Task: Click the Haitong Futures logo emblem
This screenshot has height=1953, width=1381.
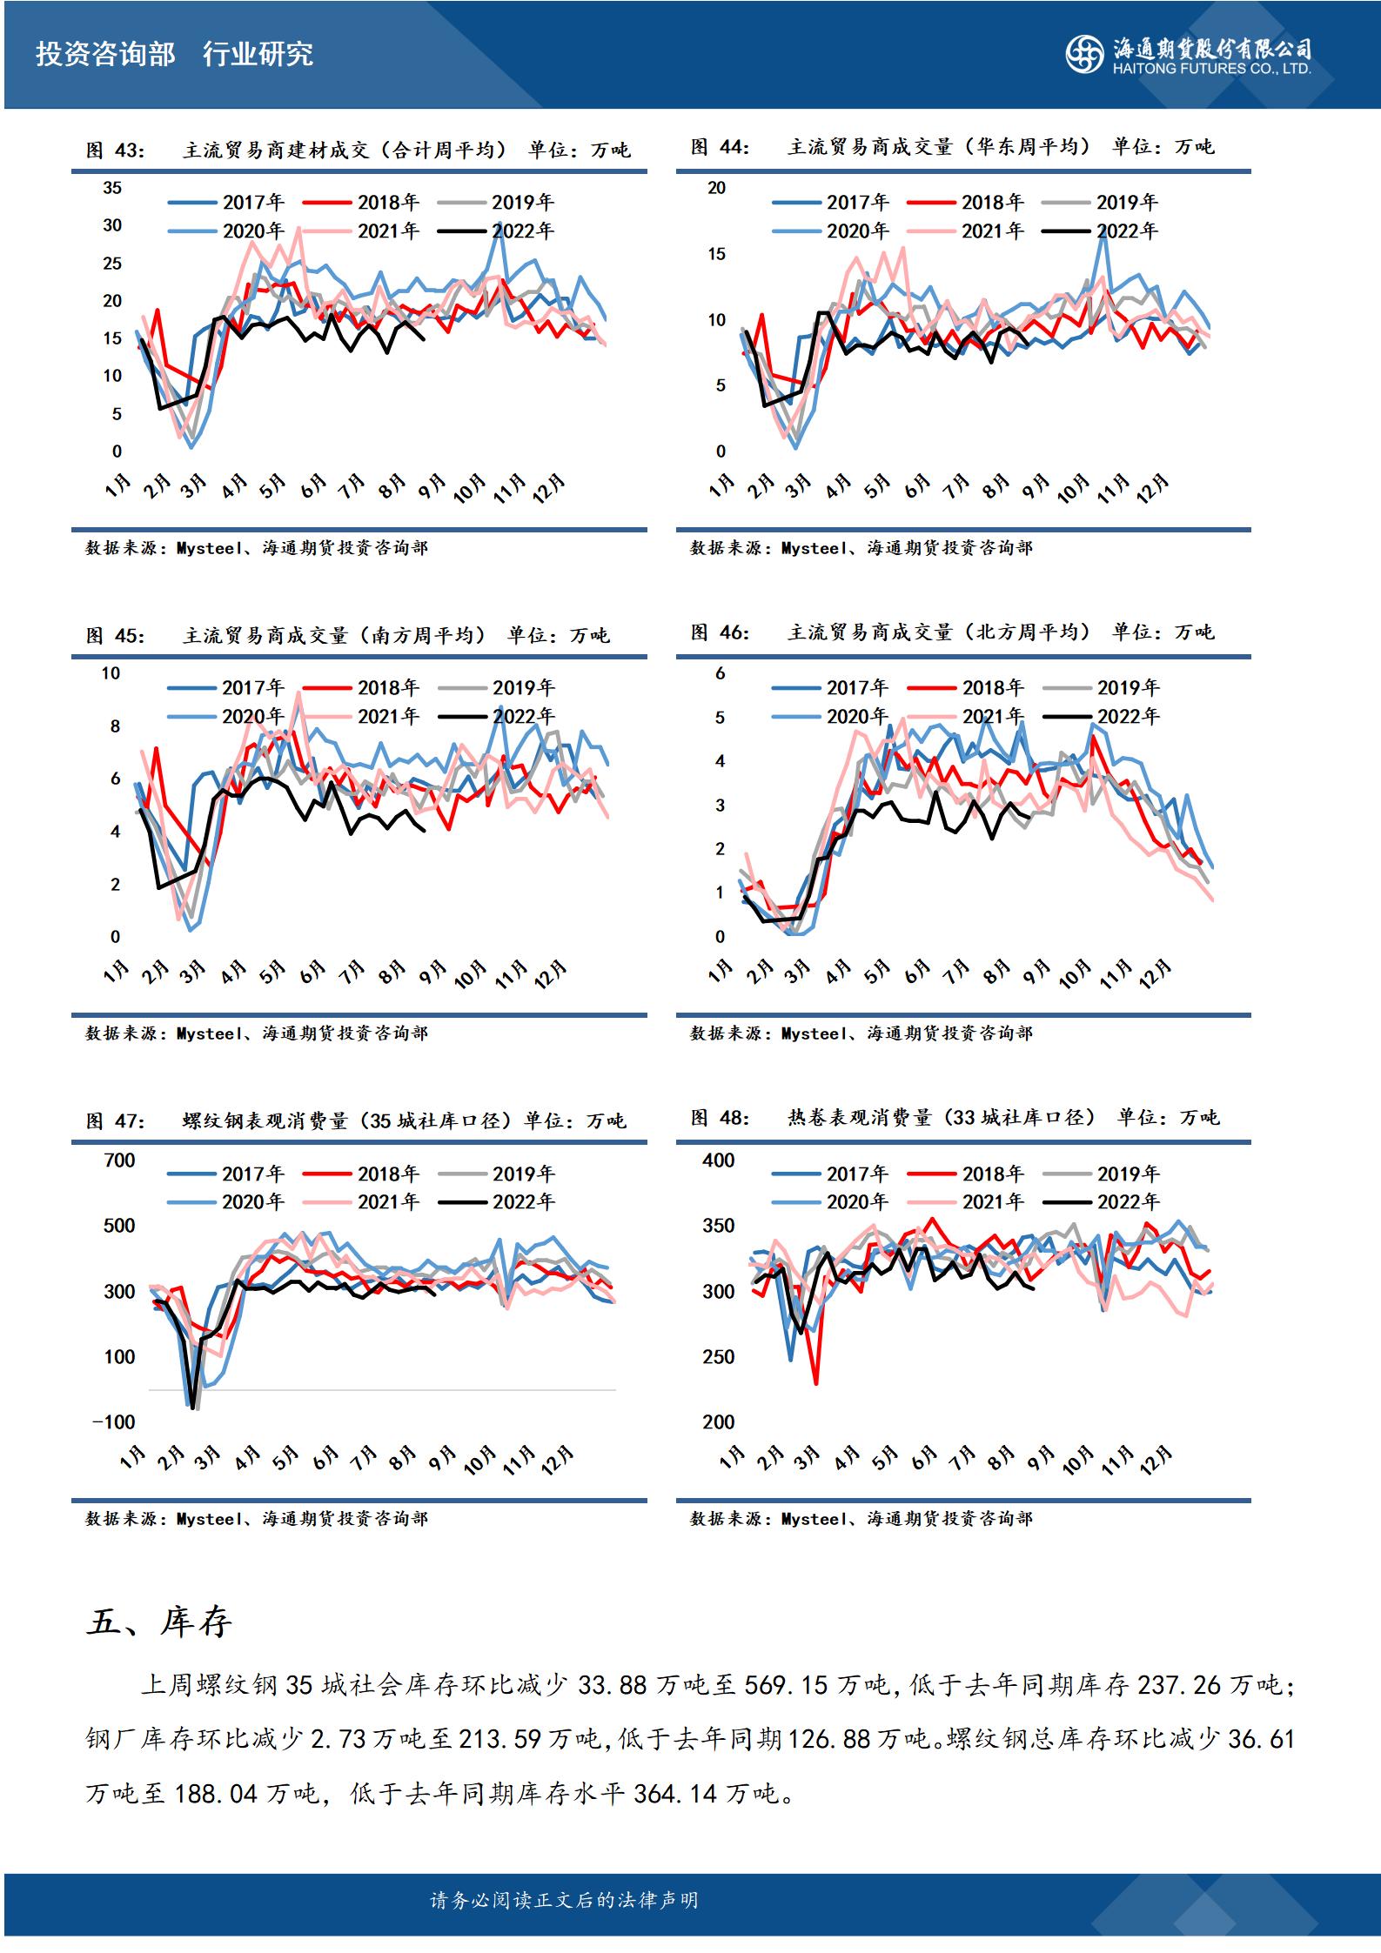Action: [x=1085, y=54]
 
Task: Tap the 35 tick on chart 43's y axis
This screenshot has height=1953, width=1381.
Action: [x=112, y=188]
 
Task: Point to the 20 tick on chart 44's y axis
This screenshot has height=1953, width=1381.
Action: [x=716, y=188]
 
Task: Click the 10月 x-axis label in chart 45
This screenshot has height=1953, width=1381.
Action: [x=471, y=974]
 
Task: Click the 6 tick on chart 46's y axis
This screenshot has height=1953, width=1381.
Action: [x=720, y=673]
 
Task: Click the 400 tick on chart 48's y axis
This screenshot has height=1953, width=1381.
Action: [x=718, y=1160]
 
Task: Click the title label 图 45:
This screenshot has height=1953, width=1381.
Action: [x=116, y=636]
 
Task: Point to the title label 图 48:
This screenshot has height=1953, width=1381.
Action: [x=720, y=1118]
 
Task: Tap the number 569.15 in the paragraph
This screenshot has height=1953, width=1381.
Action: [x=786, y=1685]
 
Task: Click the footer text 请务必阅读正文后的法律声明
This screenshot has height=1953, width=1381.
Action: [x=564, y=1901]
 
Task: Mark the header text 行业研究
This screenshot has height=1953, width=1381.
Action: [x=258, y=55]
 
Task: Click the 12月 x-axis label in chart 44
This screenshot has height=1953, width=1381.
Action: [x=1154, y=489]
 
